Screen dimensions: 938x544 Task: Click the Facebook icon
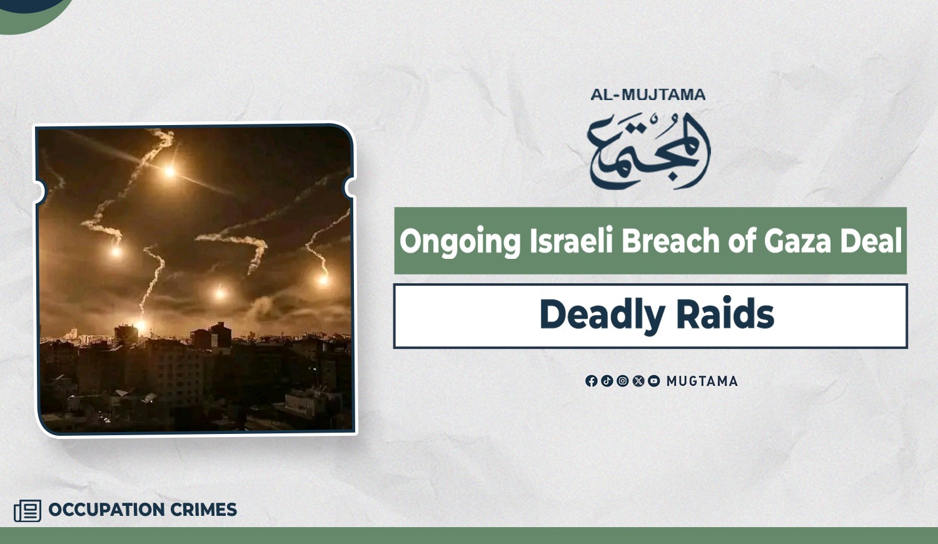592,381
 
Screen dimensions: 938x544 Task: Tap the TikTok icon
607,381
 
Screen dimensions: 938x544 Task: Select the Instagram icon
623,381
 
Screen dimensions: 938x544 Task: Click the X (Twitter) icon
638,381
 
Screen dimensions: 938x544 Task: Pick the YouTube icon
653,381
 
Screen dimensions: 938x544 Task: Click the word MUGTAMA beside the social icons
702,381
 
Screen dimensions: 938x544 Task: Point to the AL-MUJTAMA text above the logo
648,94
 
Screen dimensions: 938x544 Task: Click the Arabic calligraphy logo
650,151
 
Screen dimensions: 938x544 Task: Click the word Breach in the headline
670,240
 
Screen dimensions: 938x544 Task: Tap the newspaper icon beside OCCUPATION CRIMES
28,510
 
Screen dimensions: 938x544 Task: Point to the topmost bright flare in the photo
169,171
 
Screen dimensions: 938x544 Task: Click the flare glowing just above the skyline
141,325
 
